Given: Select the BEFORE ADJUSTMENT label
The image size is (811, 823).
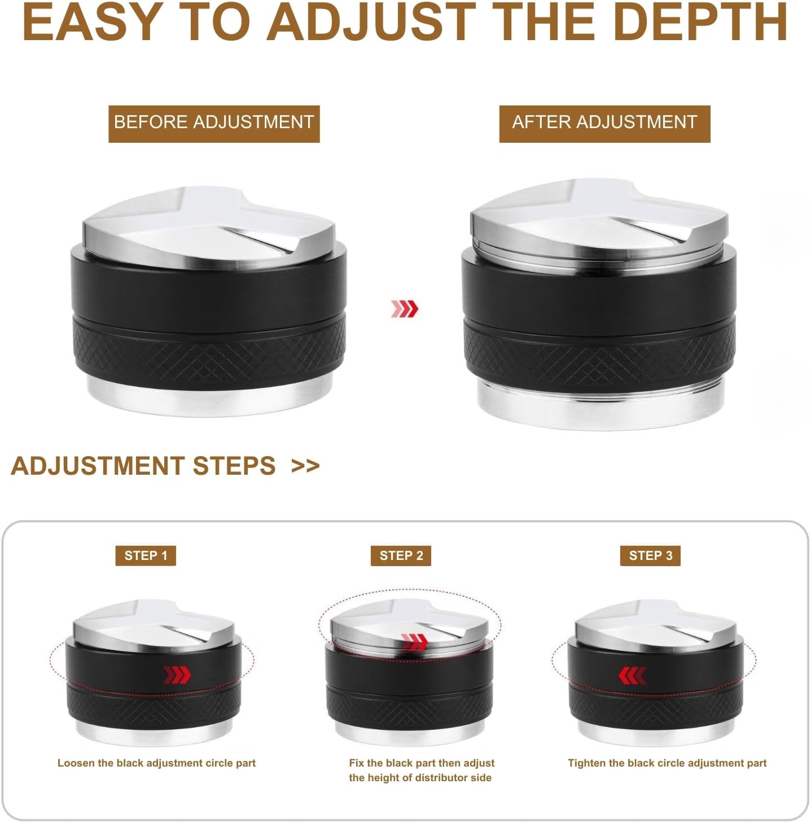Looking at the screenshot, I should pos(214,122).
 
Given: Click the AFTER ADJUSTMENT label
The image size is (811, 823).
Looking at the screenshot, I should pos(604,122).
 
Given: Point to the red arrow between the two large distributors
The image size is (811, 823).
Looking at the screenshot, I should pos(405,309).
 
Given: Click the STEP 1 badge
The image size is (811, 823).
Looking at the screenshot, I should pos(146,555).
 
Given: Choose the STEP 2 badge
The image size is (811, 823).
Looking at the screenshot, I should pos(401,555).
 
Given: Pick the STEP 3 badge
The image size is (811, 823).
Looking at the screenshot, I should pos(651,555).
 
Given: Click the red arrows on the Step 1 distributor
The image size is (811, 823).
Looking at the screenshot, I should pos(177,675).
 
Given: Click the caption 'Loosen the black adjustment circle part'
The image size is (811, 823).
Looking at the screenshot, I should pos(156,763).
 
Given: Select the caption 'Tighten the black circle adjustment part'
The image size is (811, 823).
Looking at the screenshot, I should pos(667,763).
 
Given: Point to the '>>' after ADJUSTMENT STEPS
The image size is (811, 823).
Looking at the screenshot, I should pos(305,466).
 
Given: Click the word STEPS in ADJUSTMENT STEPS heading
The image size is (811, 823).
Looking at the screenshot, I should pos(234,466).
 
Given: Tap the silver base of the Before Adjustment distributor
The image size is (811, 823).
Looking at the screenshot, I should pos(209,398).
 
